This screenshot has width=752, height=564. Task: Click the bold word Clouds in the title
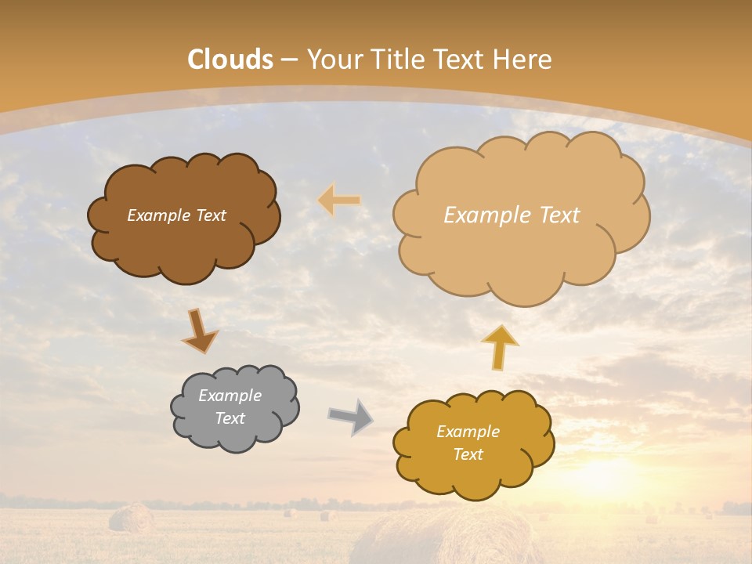[230, 60]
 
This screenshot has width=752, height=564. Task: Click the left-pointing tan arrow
[338, 201]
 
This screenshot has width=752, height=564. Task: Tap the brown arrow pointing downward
[200, 331]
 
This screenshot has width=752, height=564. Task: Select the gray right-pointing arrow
[350, 417]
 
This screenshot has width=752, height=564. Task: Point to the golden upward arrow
[499, 347]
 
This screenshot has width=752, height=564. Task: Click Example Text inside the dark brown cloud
[176, 215]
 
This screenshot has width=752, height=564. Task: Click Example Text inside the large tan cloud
[512, 215]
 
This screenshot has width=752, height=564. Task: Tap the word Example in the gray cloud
[230, 396]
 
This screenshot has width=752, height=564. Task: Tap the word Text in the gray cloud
[230, 418]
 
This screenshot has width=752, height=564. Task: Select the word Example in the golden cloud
[468, 432]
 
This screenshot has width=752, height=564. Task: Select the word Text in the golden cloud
[468, 454]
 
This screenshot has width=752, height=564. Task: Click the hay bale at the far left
[131, 519]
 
